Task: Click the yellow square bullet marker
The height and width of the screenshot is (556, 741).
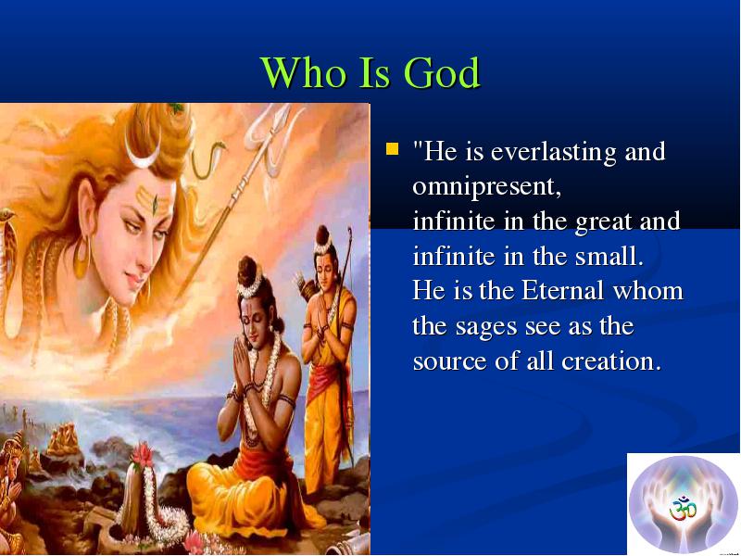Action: tap(392, 149)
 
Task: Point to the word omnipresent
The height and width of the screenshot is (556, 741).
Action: tap(487, 187)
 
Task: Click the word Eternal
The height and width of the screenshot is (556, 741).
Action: tap(563, 290)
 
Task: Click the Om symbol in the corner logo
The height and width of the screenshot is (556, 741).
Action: tap(683, 509)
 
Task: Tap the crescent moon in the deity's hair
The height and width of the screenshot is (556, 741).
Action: tap(144, 154)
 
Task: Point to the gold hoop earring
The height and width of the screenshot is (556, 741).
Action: tap(82, 257)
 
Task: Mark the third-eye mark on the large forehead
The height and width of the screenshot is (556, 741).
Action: tap(155, 204)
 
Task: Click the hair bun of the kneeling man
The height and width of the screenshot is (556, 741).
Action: tap(246, 271)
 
